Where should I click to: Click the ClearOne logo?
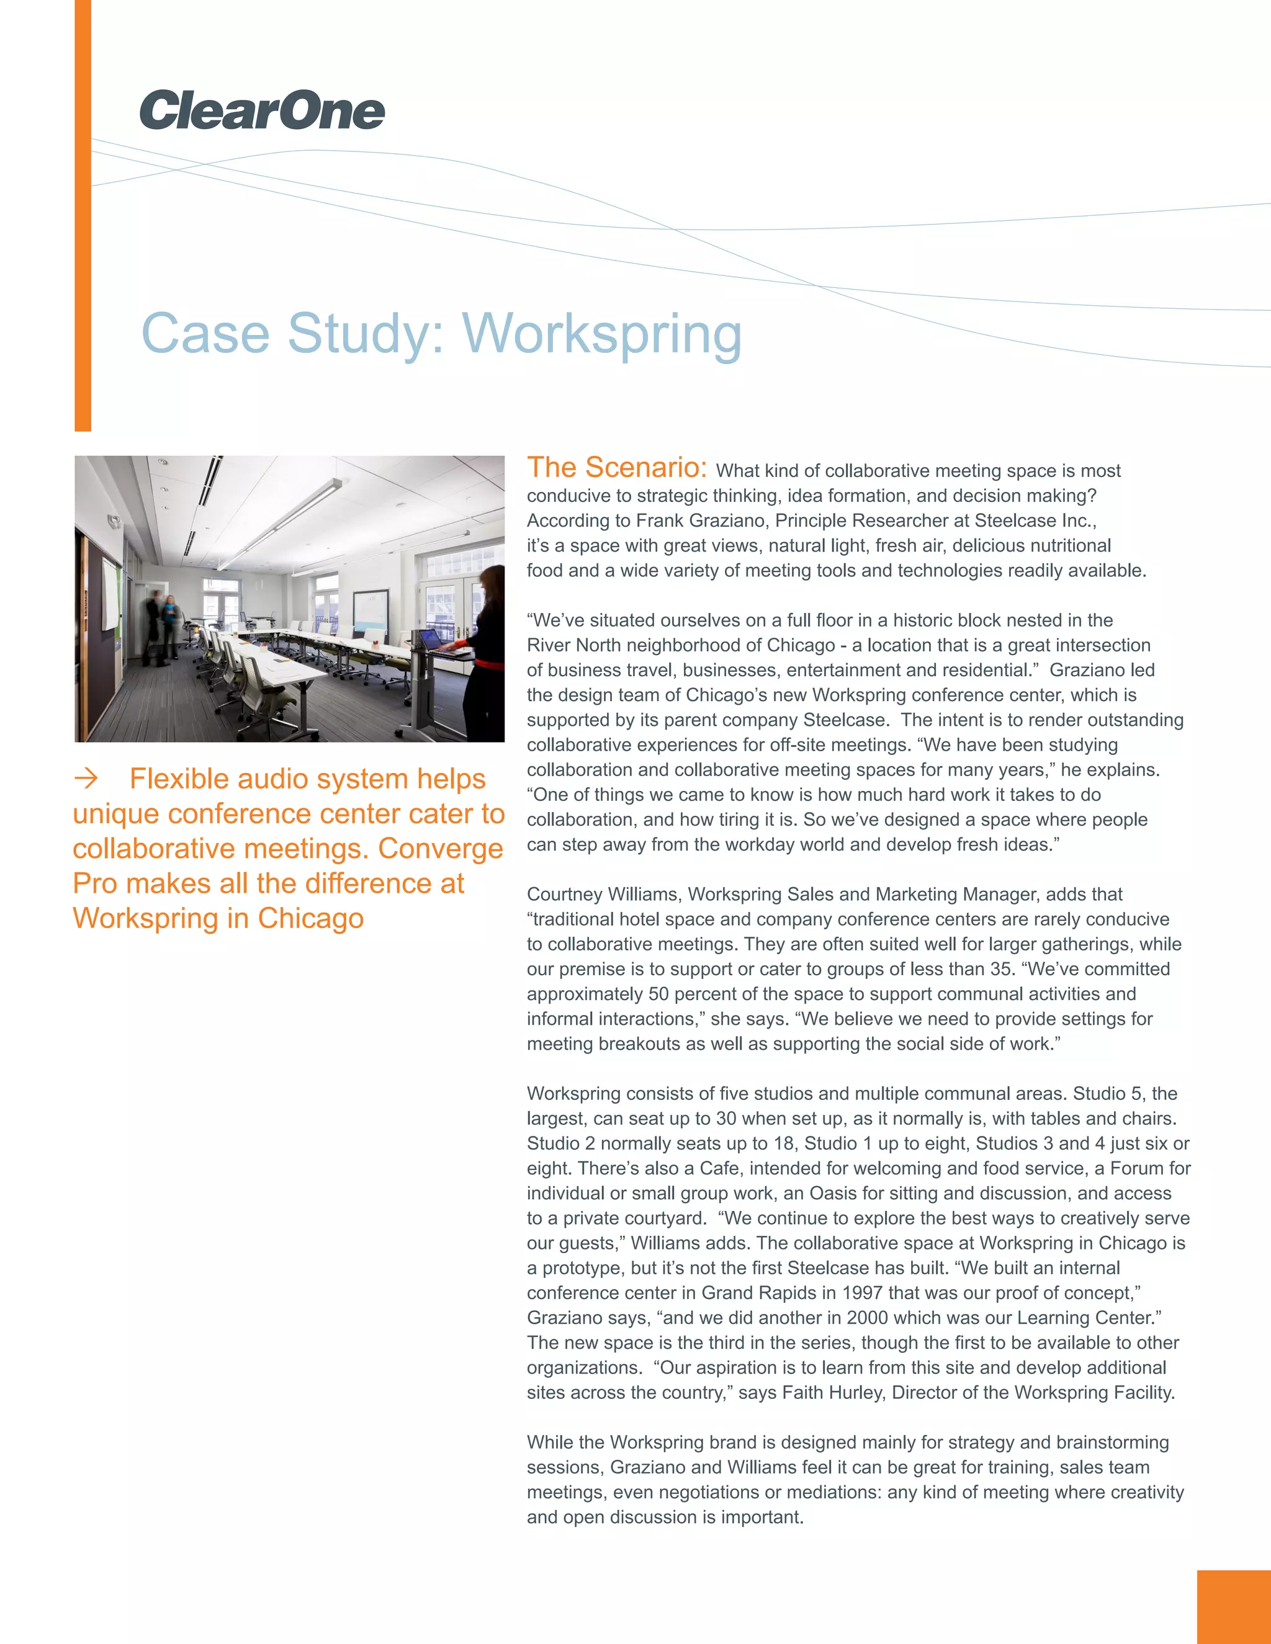262,110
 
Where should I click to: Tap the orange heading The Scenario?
617,468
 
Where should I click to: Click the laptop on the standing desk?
431,641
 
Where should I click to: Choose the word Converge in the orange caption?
441,848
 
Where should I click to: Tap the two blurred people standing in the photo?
162,627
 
